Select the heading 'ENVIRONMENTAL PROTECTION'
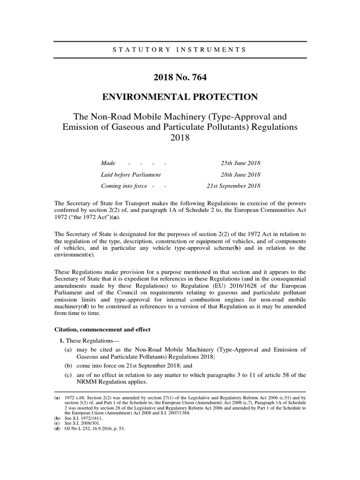click(x=180, y=97)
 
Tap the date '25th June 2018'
click(x=240, y=163)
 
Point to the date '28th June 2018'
click(x=240, y=174)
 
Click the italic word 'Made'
click(x=108, y=163)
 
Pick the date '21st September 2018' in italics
click(x=233, y=186)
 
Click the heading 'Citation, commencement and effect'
click(x=103, y=330)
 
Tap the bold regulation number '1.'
click(x=62, y=340)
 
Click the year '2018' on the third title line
click(x=180, y=139)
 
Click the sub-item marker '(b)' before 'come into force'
click(x=68, y=365)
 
